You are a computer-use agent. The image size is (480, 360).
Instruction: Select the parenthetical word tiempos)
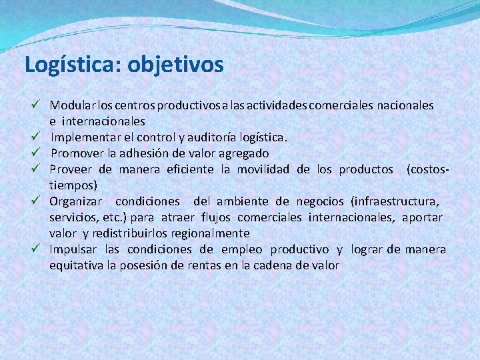pyautogui.click(x=73, y=185)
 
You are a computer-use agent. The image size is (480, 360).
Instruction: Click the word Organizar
pyautogui.click(x=75, y=201)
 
